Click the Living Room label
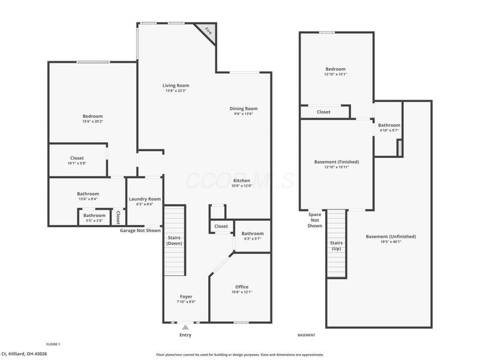tap(176, 85)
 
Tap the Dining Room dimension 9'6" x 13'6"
tap(244, 114)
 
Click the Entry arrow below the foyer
tap(185, 327)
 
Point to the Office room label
tap(242, 287)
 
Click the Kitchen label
tap(242, 181)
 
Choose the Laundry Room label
tap(145, 199)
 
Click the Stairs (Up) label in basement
tap(337, 245)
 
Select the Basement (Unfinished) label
tap(391, 236)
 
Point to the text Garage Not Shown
tap(140, 230)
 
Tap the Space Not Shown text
tap(315, 220)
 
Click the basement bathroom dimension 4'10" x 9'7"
tap(389, 130)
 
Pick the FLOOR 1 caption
tap(53, 344)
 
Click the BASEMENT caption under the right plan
tap(307, 335)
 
